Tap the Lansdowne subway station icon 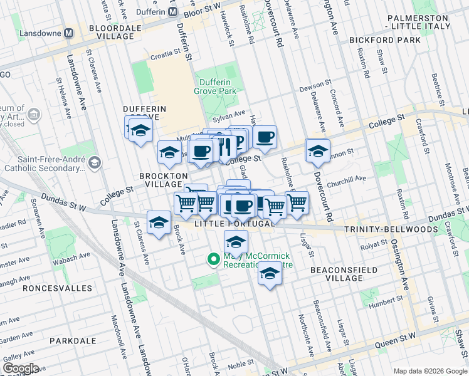pos(70,32)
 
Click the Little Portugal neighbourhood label pos(234,224)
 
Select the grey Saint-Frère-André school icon pos(94,164)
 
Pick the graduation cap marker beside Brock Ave pos(159,222)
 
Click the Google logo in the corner pos(21,368)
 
